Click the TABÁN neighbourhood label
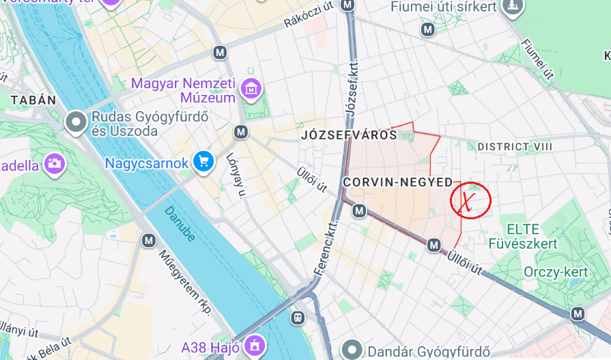tap(33, 100)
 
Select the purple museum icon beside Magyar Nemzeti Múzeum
tap(251, 87)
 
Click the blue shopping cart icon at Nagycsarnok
tap(203, 162)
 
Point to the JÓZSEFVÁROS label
tap(349, 135)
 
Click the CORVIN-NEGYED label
tap(398, 182)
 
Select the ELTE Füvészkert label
tap(523, 236)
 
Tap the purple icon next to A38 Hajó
tap(255, 343)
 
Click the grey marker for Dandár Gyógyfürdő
tap(353, 350)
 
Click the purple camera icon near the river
tap(55, 163)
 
